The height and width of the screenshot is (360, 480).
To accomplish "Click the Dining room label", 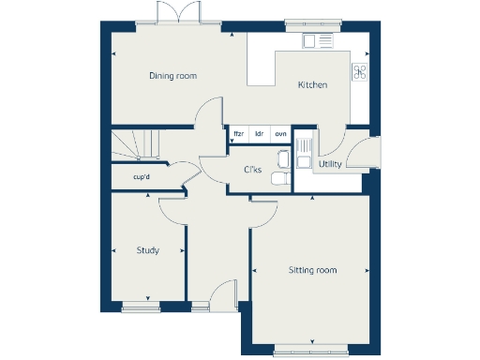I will point(172,76).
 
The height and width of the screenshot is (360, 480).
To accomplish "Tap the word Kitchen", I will point(312,85).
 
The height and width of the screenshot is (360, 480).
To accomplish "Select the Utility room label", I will point(329,164).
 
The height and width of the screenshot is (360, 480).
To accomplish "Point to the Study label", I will point(147,250).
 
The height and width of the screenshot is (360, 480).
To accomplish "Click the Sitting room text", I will point(311,270).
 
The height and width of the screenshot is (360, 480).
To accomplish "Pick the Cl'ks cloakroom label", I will point(252,170).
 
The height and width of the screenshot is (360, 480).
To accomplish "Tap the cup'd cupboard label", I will point(142,176).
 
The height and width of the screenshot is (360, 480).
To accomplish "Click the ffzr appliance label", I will point(238,134).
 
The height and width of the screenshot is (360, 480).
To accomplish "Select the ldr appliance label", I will point(259,134).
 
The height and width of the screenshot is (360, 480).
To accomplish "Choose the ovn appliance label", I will point(280,134).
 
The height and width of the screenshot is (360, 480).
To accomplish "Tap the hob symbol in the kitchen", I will point(359,71).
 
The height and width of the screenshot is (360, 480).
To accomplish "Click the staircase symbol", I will point(131,143).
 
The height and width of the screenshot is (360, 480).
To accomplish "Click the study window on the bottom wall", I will point(142,306).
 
